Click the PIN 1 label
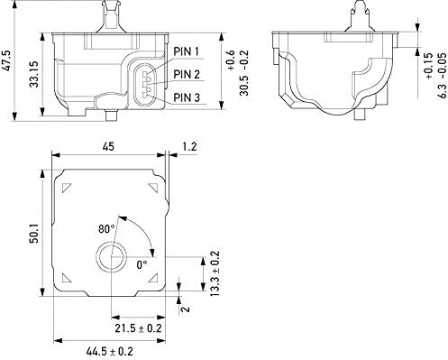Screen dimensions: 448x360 coord(187,51)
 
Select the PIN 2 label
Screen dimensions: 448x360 coord(187,74)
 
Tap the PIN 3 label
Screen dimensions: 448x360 coord(187,97)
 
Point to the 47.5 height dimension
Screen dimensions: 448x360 coord(7,60)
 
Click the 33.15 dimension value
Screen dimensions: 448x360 coord(34,74)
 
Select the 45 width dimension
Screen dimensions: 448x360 coord(108,147)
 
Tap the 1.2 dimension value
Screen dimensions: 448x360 coord(189,146)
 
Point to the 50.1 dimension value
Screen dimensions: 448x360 coord(34,233)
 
